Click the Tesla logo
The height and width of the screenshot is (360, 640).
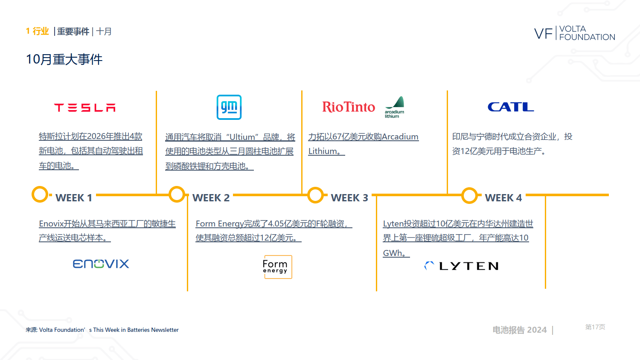pos(85,108)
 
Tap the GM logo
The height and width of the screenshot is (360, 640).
pos(229,107)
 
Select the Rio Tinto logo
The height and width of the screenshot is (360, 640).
pos(349,107)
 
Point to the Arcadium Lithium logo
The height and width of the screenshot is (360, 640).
pos(395,107)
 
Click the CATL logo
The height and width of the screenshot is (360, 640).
pos(511,107)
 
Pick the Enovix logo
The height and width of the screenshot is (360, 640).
pos(101,264)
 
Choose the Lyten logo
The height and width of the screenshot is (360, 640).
pos(461,266)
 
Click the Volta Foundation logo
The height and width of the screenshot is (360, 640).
pos(575,33)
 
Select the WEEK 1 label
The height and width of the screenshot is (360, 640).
pos(74,198)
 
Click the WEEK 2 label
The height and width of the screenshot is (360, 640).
pos(211,198)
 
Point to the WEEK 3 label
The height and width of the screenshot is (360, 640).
pos(349,198)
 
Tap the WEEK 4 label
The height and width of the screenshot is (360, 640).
pos(503,198)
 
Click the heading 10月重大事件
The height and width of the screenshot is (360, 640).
pos(64,59)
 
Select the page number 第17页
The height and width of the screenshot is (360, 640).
pos(595,327)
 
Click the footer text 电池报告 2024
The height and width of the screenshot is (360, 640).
pos(519,330)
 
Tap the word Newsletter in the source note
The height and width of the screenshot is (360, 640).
pos(165,330)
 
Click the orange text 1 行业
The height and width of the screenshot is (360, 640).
pos(38,31)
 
